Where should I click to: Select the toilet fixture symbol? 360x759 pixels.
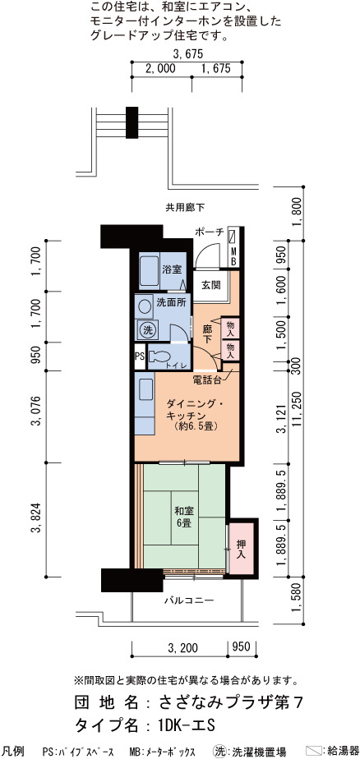(156, 356)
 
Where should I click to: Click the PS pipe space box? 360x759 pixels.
(140, 357)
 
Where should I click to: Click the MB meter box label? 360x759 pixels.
(233, 256)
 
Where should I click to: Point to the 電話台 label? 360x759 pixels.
(207, 379)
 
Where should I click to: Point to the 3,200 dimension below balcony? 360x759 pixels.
(180, 646)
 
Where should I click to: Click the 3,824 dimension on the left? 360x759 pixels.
(35, 520)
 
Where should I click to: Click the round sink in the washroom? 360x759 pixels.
(144, 306)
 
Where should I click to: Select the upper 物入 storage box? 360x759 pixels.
(229, 329)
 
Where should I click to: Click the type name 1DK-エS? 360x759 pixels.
(186, 725)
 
